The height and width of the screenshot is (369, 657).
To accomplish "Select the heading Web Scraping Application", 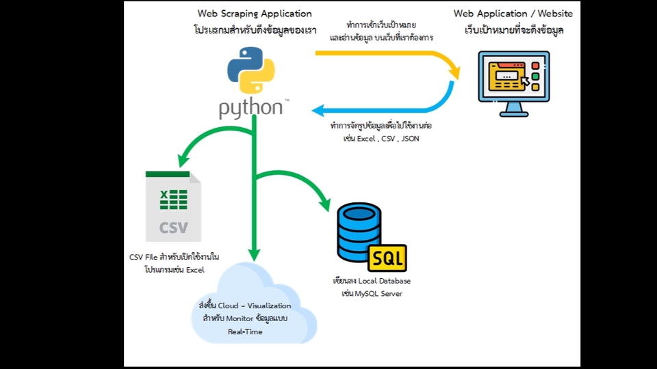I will pyautogui.click(x=255, y=14).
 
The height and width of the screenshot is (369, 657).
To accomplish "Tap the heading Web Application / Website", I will pyautogui.click(x=514, y=14).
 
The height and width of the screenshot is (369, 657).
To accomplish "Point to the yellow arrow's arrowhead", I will pyautogui.click(x=454, y=72).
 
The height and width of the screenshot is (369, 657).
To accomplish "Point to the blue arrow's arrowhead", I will pyautogui.click(x=318, y=110).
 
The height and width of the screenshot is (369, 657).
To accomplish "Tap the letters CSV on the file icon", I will pyautogui.click(x=173, y=226).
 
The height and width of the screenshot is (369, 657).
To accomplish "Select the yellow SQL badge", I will pyautogui.click(x=387, y=258).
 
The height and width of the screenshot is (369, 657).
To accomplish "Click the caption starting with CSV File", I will pyautogui.click(x=174, y=257).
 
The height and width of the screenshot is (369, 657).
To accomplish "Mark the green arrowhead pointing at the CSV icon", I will pyautogui.click(x=183, y=162).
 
